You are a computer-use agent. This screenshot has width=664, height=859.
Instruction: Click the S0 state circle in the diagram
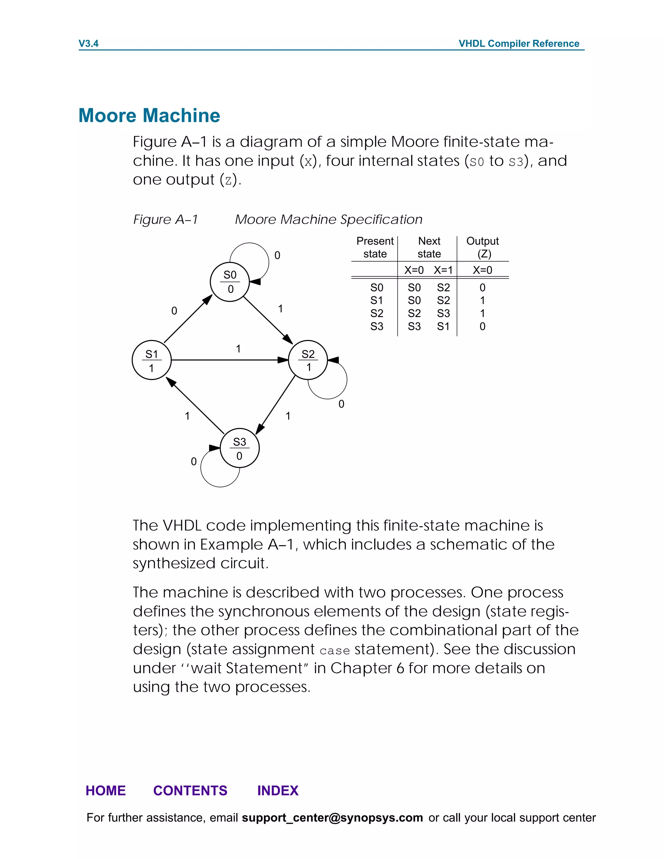click(x=230, y=282)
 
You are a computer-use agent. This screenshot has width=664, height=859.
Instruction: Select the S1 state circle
click(x=151, y=360)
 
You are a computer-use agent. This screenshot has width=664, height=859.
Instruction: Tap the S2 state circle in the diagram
click(x=308, y=360)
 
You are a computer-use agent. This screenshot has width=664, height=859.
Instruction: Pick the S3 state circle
click(x=240, y=448)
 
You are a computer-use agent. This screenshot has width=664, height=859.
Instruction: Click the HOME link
click(x=105, y=790)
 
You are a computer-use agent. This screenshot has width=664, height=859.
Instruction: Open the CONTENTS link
click(x=190, y=790)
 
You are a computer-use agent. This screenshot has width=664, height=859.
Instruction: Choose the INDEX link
click(x=278, y=790)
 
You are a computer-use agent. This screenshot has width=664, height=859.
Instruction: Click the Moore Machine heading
click(x=149, y=115)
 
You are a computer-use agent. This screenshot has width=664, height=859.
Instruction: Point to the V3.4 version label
click(x=89, y=43)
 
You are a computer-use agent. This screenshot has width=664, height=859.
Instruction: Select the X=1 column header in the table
click(x=443, y=270)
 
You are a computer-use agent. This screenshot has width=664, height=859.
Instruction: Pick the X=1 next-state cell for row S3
click(x=443, y=326)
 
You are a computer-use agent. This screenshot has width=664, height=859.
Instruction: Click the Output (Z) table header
click(x=483, y=247)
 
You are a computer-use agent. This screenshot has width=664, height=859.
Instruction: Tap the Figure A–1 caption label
click(x=166, y=219)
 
